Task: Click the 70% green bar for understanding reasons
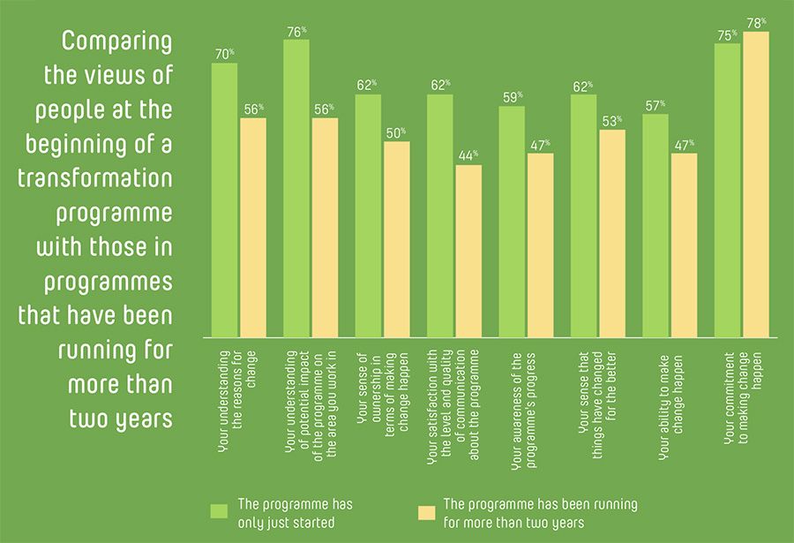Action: click(224, 200)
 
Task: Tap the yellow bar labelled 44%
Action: click(468, 251)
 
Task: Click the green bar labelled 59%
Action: click(512, 222)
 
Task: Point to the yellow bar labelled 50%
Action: click(396, 238)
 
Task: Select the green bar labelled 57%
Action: click(655, 225)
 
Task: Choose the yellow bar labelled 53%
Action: click(612, 233)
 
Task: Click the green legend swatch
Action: click(221, 512)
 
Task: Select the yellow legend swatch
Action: click(426, 512)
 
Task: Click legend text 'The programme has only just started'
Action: click(295, 512)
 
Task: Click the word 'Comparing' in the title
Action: click(116, 43)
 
